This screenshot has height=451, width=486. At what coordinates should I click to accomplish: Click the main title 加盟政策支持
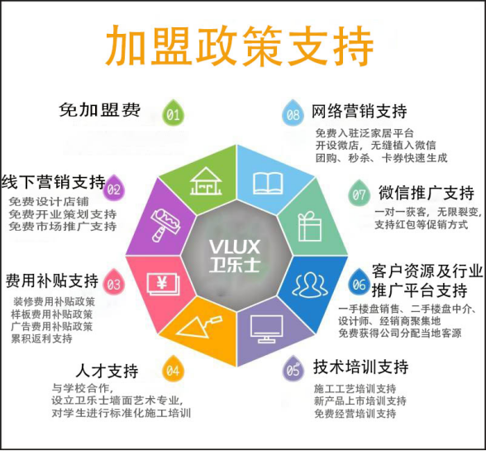point(240,46)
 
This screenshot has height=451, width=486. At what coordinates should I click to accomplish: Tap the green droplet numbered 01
point(174,113)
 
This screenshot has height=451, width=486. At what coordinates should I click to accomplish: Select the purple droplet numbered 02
point(114,188)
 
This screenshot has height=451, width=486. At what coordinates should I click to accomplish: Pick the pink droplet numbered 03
point(113,282)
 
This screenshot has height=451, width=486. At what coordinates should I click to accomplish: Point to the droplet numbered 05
point(293,368)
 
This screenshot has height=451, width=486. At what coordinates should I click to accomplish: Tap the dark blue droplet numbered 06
point(359,282)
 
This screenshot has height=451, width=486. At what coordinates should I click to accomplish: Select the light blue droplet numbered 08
point(293,113)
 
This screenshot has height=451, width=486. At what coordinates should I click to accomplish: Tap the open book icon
point(268,184)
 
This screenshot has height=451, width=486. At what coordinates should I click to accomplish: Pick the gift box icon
point(310,226)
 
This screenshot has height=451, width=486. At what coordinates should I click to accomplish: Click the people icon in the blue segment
point(310,285)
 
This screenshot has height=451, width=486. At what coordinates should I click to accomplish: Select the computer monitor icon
point(266,329)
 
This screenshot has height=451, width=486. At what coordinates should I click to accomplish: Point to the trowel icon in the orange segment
point(200,327)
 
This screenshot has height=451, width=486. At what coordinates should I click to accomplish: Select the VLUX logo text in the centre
point(235,247)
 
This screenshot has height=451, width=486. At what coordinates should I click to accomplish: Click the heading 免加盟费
point(99,109)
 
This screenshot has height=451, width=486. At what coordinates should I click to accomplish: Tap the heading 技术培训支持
point(360,367)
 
